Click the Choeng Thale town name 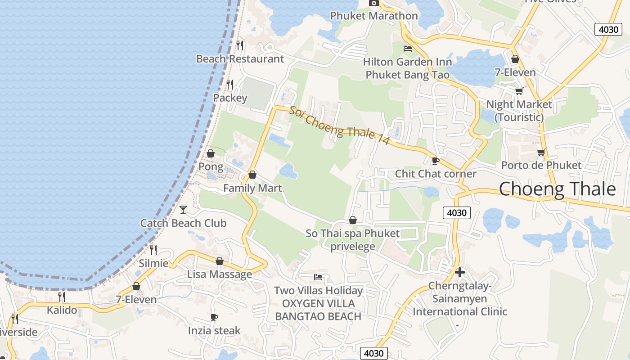pyautogui.click(x=557, y=189)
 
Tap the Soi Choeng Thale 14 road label pyautogui.click(x=339, y=126)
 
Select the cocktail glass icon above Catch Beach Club pyautogui.click(x=183, y=209)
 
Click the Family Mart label pyautogui.click(x=252, y=188)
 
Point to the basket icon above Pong pyautogui.click(x=210, y=153)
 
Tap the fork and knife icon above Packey pyautogui.click(x=230, y=84)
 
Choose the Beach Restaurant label pyautogui.click(x=240, y=59)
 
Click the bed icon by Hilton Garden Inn pyautogui.click(x=408, y=49)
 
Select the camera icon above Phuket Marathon pyautogui.click(x=373, y=3)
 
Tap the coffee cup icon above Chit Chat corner pyautogui.click(x=435, y=161)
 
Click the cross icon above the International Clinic pyautogui.click(x=459, y=272)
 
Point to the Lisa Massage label pyautogui.click(x=219, y=274)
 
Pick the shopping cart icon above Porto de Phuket pyautogui.click(x=541, y=153)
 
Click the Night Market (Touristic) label pyautogui.click(x=519, y=111)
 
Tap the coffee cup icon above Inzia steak pyautogui.click(x=214, y=318)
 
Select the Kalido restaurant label pyautogui.click(x=62, y=310)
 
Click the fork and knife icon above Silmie pyautogui.click(x=154, y=250)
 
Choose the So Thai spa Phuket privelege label pyautogui.click(x=352, y=240)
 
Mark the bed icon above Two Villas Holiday pyautogui.click(x=318, y=277)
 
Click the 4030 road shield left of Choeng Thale pyautogui.click(x=457, y=213)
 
